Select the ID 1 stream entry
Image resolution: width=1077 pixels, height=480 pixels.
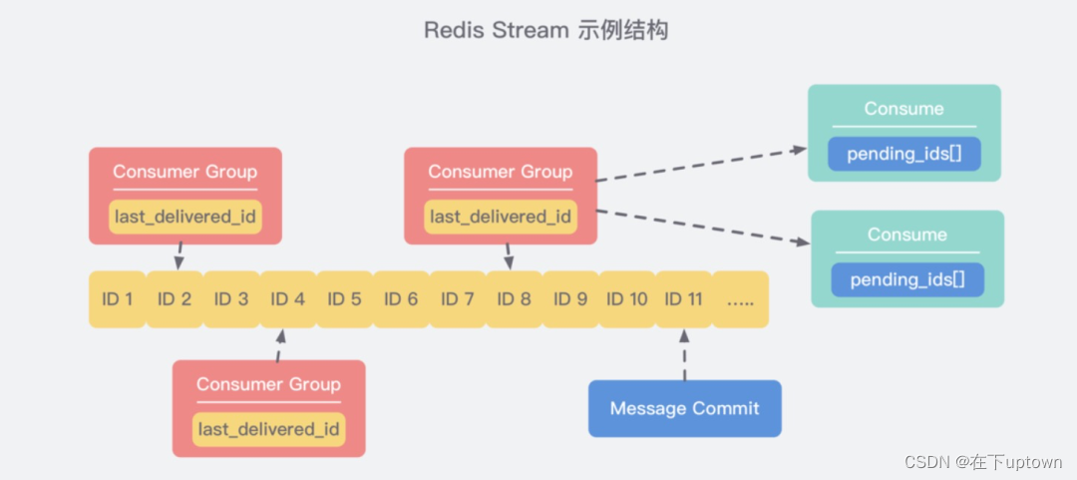(117, 299)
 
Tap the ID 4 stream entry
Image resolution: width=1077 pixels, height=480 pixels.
(287, 299)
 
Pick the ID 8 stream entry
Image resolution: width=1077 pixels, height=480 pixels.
(514, 299)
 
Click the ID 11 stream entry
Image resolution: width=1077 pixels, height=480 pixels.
(684, 299)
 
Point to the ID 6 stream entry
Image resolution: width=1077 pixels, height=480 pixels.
(400, 299)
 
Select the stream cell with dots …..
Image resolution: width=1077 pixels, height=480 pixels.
(740, 299)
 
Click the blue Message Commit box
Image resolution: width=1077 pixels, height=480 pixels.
(684, 408)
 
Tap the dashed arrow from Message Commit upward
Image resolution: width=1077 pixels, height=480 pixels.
(684, 354)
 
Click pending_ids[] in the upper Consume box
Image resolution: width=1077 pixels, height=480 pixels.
(903, 154)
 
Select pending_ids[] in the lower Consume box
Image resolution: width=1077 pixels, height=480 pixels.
(907, 279)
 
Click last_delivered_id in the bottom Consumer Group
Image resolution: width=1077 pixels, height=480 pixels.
(268, 429)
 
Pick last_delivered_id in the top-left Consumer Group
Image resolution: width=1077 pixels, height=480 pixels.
(185, 217)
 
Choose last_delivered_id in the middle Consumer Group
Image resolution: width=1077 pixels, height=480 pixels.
(501, 217)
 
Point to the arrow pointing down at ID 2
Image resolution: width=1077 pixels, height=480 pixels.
(179, 255)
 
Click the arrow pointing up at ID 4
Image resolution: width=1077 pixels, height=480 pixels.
(278, 345)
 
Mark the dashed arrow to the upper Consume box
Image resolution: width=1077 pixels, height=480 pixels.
(702, 165)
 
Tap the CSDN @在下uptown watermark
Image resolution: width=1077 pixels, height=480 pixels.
(983, 462)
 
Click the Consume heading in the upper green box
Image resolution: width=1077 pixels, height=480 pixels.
(903, 109)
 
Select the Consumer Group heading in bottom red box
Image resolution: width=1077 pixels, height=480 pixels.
(268, 384)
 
